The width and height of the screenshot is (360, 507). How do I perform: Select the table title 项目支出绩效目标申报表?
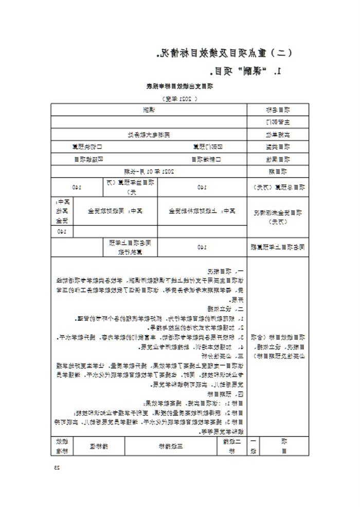click(180, 86)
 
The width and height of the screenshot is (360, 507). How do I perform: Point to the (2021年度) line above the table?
click(180, 97)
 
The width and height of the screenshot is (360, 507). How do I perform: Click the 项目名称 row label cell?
click(278, 110)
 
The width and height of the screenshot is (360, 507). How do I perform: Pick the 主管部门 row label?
click(278, 122)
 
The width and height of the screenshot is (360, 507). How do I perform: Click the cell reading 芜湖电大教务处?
click(149, 134)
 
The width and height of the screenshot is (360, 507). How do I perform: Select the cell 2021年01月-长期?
click(149, 171)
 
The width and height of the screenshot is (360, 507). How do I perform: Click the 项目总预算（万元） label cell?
click(278, 187)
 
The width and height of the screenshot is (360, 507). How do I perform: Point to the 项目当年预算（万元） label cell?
click(131, 187)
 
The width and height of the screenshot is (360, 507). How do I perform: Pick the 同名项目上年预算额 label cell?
click(278, 247)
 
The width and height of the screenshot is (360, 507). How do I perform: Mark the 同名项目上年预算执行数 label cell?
click(131, 247)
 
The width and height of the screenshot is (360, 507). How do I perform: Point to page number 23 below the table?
click(57, 467)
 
